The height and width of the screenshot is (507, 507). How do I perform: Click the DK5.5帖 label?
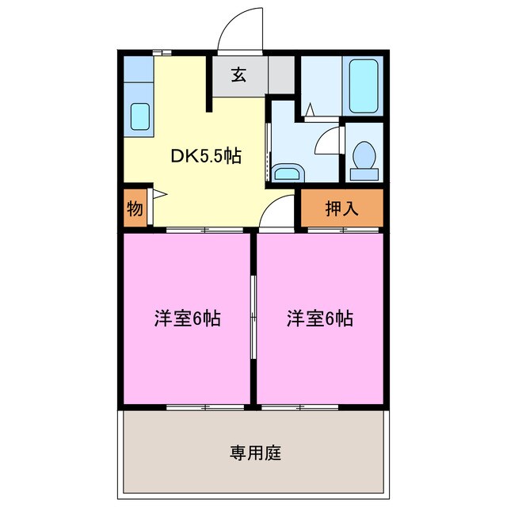point(206,156)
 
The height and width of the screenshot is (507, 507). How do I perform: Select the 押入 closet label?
point(342,208)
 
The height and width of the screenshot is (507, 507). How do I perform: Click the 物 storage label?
point(134,209)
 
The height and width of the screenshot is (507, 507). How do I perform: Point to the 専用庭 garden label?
point(255,454)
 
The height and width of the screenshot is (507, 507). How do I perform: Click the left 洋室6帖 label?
point(187,319)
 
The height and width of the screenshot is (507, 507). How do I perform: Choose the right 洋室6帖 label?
point(319,319)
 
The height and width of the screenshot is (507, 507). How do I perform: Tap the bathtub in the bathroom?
point(364,86)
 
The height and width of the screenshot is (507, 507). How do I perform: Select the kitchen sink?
point(140,116)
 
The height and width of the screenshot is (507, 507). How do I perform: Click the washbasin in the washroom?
point(285,172)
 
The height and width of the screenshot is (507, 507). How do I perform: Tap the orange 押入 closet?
point(342,208)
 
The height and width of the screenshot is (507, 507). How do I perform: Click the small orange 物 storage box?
point(134,209)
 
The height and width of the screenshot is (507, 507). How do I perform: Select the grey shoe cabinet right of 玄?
point(281,75)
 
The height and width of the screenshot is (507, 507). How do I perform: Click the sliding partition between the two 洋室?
point(253,319)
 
